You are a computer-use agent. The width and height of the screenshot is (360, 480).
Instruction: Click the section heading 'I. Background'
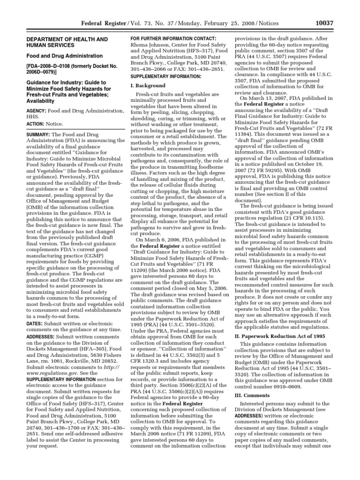(147, 86)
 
